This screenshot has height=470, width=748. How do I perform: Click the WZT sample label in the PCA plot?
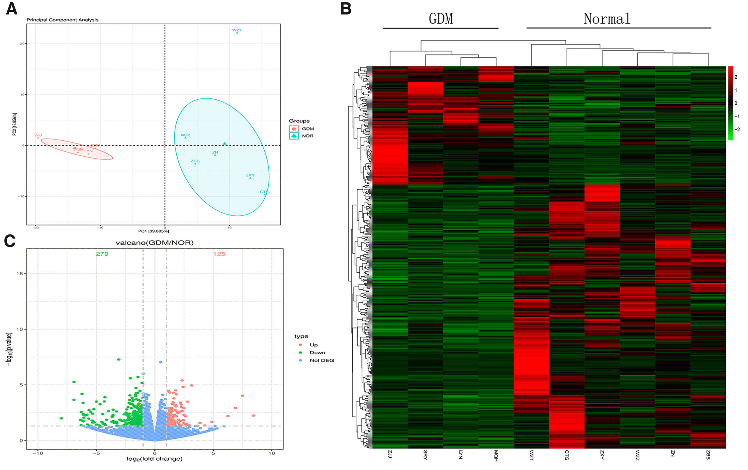237,30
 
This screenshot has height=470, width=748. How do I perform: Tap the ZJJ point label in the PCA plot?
38,135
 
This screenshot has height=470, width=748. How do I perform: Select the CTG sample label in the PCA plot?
265,192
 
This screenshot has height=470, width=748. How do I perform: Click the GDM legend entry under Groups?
308,129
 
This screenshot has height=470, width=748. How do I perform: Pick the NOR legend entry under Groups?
308,136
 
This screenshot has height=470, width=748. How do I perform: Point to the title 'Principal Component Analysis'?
62,20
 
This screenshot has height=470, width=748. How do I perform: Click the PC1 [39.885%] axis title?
153,231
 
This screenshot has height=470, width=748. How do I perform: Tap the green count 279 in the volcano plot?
102,254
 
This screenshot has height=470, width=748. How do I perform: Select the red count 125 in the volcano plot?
219,254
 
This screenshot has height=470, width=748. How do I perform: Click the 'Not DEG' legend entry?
322,360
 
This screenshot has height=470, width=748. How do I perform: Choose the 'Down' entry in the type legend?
317,352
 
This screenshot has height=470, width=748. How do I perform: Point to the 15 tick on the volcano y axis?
20,274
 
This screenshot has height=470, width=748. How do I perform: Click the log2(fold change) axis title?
154,459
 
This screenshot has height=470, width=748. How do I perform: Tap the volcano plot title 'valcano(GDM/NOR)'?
154,243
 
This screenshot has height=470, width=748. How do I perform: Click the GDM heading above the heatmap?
441,19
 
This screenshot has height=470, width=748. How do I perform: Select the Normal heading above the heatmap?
607,19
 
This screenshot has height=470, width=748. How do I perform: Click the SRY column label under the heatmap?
425,455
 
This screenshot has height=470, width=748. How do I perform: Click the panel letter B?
346,9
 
